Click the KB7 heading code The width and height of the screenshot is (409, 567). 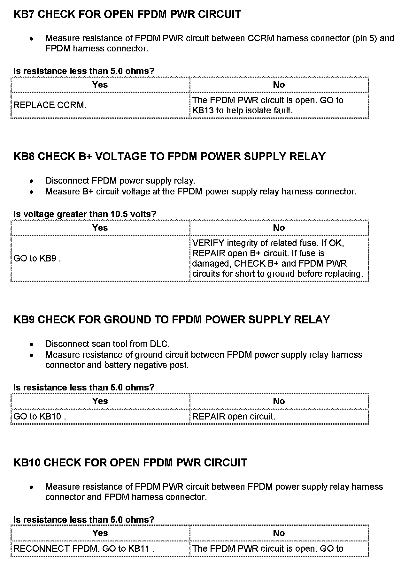24,14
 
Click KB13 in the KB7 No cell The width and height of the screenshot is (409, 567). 203,110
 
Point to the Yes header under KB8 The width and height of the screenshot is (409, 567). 100,228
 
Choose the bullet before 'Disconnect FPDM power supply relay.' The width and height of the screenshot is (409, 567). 31,181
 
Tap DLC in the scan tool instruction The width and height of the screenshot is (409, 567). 159,344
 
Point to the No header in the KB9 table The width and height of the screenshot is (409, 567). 279,401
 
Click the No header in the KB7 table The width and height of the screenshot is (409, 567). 279,85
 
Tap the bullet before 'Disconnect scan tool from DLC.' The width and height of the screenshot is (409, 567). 31,344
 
